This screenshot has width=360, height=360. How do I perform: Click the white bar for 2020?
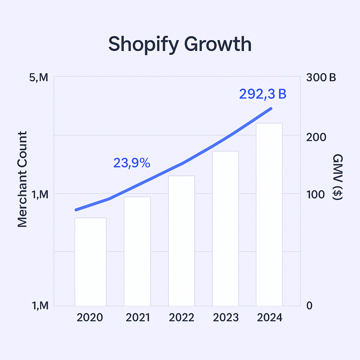click(x=90, y=262)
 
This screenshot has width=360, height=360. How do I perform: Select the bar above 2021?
click(x=137, y=251)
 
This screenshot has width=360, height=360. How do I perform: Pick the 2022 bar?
click(x=181, y=240)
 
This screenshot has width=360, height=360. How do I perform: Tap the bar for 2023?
click(x=225, y=228)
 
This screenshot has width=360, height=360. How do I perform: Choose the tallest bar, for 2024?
click(x=269, y=214)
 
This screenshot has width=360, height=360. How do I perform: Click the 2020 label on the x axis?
click(x=90, y=317)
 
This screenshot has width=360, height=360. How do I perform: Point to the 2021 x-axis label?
click(x=137, y=317)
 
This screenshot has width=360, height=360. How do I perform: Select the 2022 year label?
click(x=181, y=317)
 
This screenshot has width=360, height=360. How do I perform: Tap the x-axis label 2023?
click(x=226, y=317)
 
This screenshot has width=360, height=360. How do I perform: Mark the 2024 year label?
click(x=270, y=317)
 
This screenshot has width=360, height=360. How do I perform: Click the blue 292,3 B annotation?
click(x=263, y=94)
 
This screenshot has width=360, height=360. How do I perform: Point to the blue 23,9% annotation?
click(x=132, y=163)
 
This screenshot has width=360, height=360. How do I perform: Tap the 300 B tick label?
click(x=321, y=77)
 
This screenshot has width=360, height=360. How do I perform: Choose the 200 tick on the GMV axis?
click(x=316, y=137)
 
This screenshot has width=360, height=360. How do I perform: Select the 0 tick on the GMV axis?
click(x=309, y=306)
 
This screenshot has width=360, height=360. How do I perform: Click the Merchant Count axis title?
click(x=22, y=179)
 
